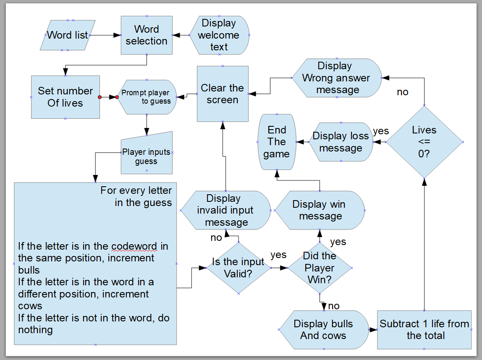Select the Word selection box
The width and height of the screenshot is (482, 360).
147,35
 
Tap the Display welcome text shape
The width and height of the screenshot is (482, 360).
219,35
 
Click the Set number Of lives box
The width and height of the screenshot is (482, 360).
65,97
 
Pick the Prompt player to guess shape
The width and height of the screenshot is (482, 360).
146,97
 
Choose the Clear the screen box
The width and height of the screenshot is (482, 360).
223,94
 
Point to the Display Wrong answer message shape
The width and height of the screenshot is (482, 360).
337,78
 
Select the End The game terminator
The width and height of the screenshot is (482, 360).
277,142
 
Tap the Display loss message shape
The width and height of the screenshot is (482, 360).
341,142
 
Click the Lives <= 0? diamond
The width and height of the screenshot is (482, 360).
424,142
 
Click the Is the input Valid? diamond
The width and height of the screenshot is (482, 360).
238,268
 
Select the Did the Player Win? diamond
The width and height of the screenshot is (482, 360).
320,268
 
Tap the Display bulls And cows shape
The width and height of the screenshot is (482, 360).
323,330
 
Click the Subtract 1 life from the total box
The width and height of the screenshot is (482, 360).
424,330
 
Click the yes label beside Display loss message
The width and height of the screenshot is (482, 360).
381,131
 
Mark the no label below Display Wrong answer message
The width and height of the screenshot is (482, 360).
402,92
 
